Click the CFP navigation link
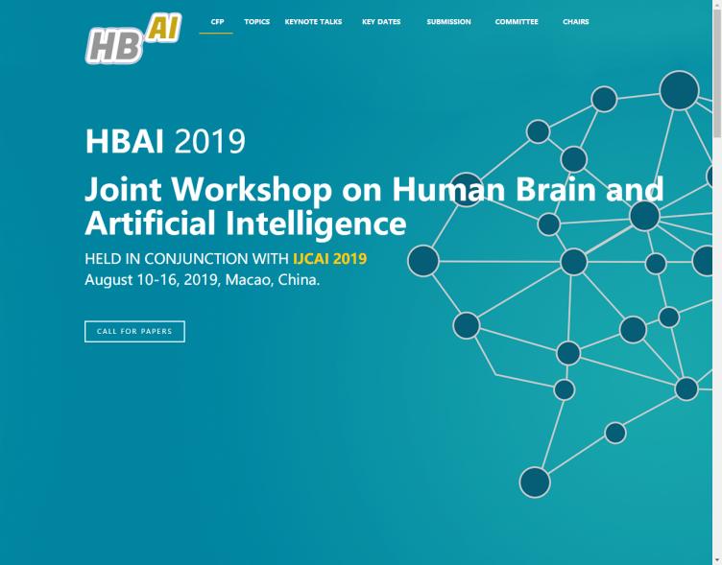point(217,22)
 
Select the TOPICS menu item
point(256,22)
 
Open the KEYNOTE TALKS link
point(313,22)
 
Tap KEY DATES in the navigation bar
point(381,22)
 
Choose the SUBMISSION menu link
point(448,22)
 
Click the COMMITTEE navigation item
point(517,22)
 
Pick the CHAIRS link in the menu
point(575,22)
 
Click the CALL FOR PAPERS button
point(134,331)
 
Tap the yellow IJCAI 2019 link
point(329,259)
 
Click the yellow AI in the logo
point(164,29)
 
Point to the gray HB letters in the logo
point(114,45)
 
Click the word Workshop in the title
point(252,189)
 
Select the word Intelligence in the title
point(316,224)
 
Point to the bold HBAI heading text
point(124,141)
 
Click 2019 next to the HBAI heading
point(210,141)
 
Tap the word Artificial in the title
point(150,223)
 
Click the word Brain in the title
point(556,189)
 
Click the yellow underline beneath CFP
point(216,34)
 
